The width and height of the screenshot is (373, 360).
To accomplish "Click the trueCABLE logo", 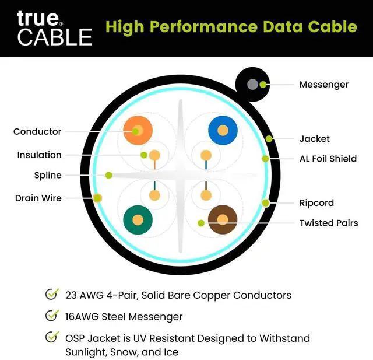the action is (54, 27).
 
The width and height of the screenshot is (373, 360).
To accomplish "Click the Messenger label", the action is (323, 85).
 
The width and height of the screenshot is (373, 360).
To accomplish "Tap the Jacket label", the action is (314, 139).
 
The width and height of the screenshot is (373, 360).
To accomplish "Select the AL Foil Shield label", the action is (328, 159).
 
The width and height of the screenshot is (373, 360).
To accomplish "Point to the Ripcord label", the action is (316, 203).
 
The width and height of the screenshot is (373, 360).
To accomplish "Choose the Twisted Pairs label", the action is (329, 223).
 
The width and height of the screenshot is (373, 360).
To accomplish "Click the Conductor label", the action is (37, 132).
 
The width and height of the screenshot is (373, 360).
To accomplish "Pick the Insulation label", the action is (39, 155).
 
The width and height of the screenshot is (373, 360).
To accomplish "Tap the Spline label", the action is (48, 175).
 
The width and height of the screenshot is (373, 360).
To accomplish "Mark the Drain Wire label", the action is (38, 198).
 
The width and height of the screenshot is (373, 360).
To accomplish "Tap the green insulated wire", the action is (138, 220).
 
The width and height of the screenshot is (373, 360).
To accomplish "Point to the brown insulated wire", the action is (223, 220).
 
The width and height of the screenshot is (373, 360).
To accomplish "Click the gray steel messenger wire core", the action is (252, 85).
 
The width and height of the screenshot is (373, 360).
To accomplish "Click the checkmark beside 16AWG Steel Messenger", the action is (51, 316).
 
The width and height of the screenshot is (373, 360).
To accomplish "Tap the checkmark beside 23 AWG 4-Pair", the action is (51, 295).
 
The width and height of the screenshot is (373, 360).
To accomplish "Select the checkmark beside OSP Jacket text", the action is (51, 338).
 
